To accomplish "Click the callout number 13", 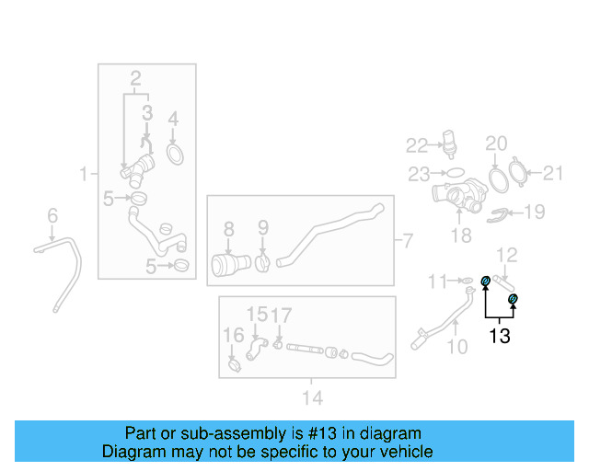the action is pos(500,336).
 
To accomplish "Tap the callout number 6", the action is pos(52,215).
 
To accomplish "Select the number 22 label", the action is pos(417,145).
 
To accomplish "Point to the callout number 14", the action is pos(313,397).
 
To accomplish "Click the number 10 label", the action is pos(457,347).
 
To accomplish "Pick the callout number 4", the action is pos(173,119).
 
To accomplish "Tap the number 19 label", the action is pos(535,212).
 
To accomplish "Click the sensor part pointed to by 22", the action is pos(449,144).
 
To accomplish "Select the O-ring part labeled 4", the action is pos(175,155).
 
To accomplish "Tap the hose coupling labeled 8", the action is pos(231,264).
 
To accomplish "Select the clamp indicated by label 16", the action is pos(235,365).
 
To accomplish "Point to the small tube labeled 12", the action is pos(503,282).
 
